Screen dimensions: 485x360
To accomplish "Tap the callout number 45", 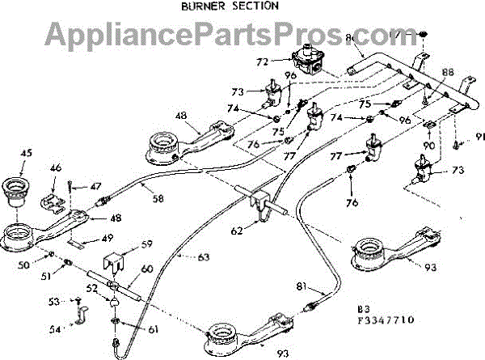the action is pyautogui.click(x=27, y=152).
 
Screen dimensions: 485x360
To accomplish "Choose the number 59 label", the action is pyautogui.click(x=146, y=244).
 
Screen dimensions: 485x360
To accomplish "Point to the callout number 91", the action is pyautogui.click(x=479, y=137).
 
